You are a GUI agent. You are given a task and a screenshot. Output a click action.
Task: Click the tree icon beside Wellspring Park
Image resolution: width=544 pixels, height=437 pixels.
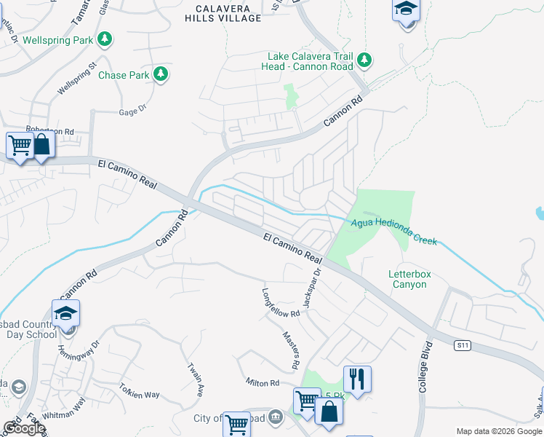pyautogui.click(x=106, y=39)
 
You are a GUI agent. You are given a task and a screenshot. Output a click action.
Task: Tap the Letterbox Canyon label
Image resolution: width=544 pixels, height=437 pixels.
pyautogui.click(x=410, y=279)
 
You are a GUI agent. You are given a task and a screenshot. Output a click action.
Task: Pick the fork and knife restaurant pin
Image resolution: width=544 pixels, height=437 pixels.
pyautogui.click(x=357, y=379)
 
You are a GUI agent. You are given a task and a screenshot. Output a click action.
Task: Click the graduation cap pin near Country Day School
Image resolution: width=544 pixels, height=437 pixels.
pyautogui.click(x=66, y=314)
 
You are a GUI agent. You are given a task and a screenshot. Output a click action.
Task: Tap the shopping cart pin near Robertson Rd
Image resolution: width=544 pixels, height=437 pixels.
pyautogui.click(x=19, y=145)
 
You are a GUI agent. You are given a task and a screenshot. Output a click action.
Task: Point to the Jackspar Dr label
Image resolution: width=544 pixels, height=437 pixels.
pyautogui.click(x=311, y=288)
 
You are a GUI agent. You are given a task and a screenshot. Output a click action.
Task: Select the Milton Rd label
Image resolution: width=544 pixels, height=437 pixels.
pyautogui.click(x=263, y=383)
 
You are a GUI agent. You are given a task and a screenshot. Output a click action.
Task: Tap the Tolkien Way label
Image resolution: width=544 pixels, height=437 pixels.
pyautogui.click(x=140, y=394)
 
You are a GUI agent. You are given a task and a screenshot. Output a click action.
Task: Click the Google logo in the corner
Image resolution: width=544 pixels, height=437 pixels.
pyautogui.click(x=24, y=428)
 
